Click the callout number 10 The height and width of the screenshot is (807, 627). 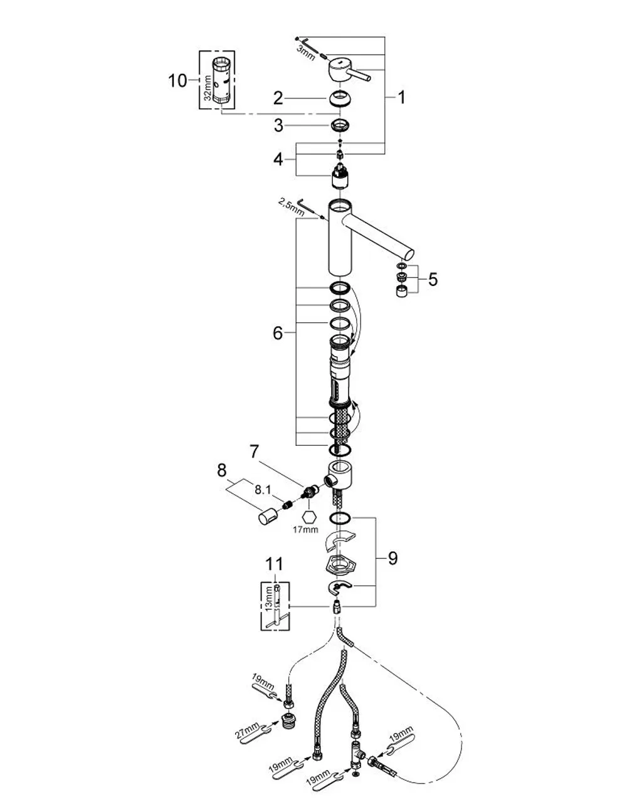pos(177,80)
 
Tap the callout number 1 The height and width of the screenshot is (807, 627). pos(401,97)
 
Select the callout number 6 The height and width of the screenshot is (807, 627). pos(278,333)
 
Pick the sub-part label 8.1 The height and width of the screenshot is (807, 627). pos(263,490)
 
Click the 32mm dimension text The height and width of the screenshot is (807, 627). pos(208,88)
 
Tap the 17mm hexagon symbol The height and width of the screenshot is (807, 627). pos(309,517)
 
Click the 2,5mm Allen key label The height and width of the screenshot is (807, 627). pos(291,208)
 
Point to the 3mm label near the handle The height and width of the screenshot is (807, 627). pos(305,53)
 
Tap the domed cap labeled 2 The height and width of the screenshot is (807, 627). pos(340,99)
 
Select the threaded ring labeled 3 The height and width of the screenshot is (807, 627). pos(340,125)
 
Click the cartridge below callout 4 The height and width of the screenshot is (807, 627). pos(340,176)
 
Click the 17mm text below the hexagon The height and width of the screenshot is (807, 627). pos(305,530)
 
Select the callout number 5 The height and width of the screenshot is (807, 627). pos(433,279)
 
